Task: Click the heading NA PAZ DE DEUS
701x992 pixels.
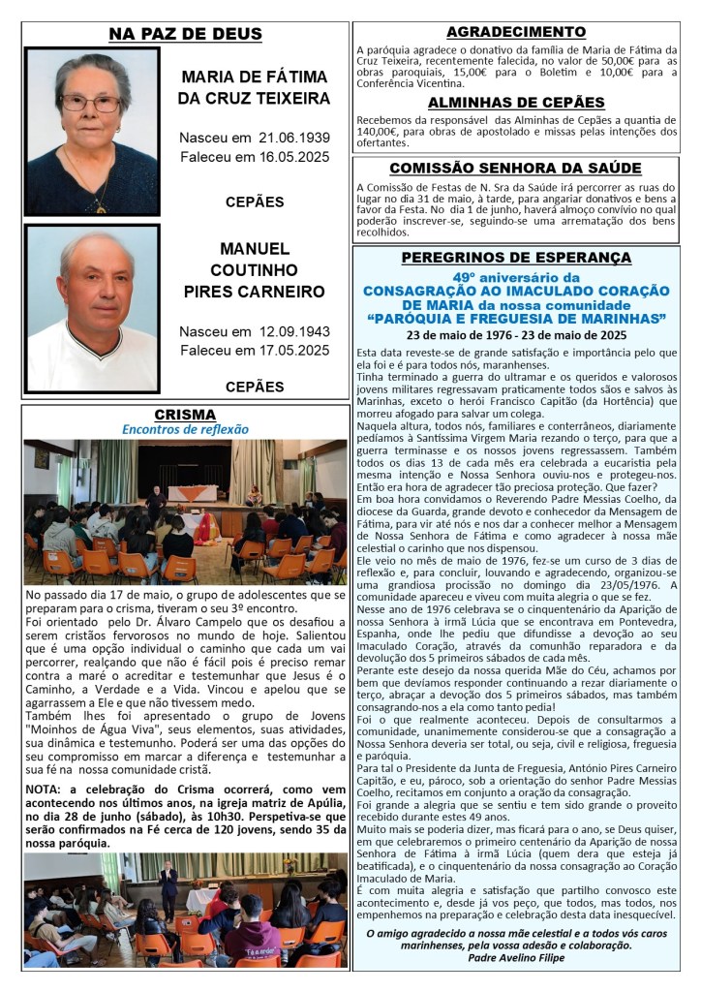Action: pyautogui.click(x=185, y=35)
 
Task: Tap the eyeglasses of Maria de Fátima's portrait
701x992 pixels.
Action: pyautogui.click(x=90, y=102)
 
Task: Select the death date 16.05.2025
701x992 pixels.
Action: pyautogui.click(x=289, y=156)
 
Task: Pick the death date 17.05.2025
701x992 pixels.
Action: pyautogui.click(x=289, y=350)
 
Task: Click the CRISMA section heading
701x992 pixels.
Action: pyautogui.click(x=185, y=415)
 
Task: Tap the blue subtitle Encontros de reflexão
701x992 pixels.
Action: pyautogui.click(x=185, y=429)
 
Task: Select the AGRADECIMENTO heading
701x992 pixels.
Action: pyautogui.click(x=516, y=32)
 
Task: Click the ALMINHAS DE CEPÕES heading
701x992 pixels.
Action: pyautogui.click(x=516, y=103)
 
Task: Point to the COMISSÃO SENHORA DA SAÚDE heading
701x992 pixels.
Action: pyautogui.click(x=515, y=168)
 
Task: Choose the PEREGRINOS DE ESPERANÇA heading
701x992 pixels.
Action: pyautogui.click(x=516, y=258)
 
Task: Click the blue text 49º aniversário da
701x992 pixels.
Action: pyautogui.click(x=516, y=276)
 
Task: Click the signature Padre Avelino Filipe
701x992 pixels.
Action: pyautogui.click(x=515, y=957)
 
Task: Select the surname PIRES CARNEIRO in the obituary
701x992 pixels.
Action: pyautogui.click(x=254, y=292)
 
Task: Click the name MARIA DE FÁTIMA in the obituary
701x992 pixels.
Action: pyautogui.click(x=254, y=76)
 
